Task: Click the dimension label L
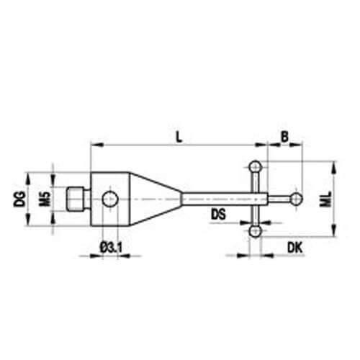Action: [x=179, y=137]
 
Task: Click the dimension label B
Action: [x=284, y=137]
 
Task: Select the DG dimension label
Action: [x=19, y=199]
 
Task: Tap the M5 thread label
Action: [x=45, y=199]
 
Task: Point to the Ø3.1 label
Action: [x=111, y=248]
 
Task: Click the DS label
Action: [x=218, y=215]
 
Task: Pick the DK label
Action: [x=295, y=247]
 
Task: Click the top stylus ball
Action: [x=255, y=166]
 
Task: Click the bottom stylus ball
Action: [x=255, y=231]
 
